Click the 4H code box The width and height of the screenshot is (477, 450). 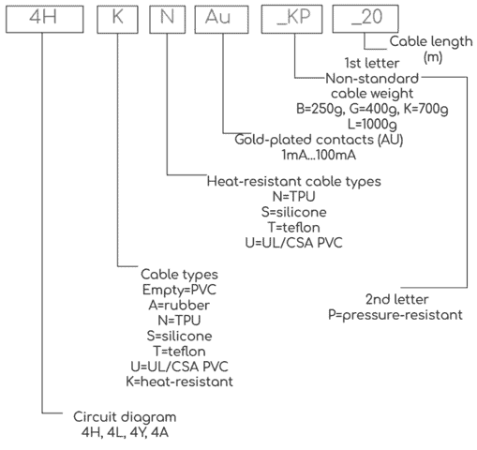tap(45, 19)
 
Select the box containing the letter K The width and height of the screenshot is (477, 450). tap(117, 19)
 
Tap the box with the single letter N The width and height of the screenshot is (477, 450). tap(168, 19)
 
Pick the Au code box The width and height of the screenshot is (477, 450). tap(222, 19)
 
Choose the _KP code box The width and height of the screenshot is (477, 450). tap(291, 19)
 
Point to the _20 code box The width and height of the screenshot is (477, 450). tap(365, 19)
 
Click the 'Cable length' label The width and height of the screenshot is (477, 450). tap(431, 41)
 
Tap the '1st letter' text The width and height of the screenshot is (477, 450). tap(372, 63)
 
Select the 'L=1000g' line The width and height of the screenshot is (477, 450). tap(372, 125)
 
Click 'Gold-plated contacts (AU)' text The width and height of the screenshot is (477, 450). tap(319, 140)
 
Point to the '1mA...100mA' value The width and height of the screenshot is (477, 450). tap(319, 155)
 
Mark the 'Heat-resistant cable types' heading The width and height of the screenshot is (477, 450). tap(294, 182)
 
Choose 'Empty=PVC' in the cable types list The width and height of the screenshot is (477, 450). tap(179, 290)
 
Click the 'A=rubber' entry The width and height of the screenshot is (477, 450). tap(179, 306)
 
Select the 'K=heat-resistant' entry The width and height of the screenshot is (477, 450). tap(179, 382)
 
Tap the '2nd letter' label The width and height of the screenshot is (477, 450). tap(396, 299)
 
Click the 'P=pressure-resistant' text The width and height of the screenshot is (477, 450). tap(395, 315)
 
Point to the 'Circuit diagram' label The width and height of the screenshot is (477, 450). tap(125, 417)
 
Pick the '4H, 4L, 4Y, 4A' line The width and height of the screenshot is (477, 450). tap(125, 433)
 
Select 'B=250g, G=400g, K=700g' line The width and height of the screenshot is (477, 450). tap(372, 109)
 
